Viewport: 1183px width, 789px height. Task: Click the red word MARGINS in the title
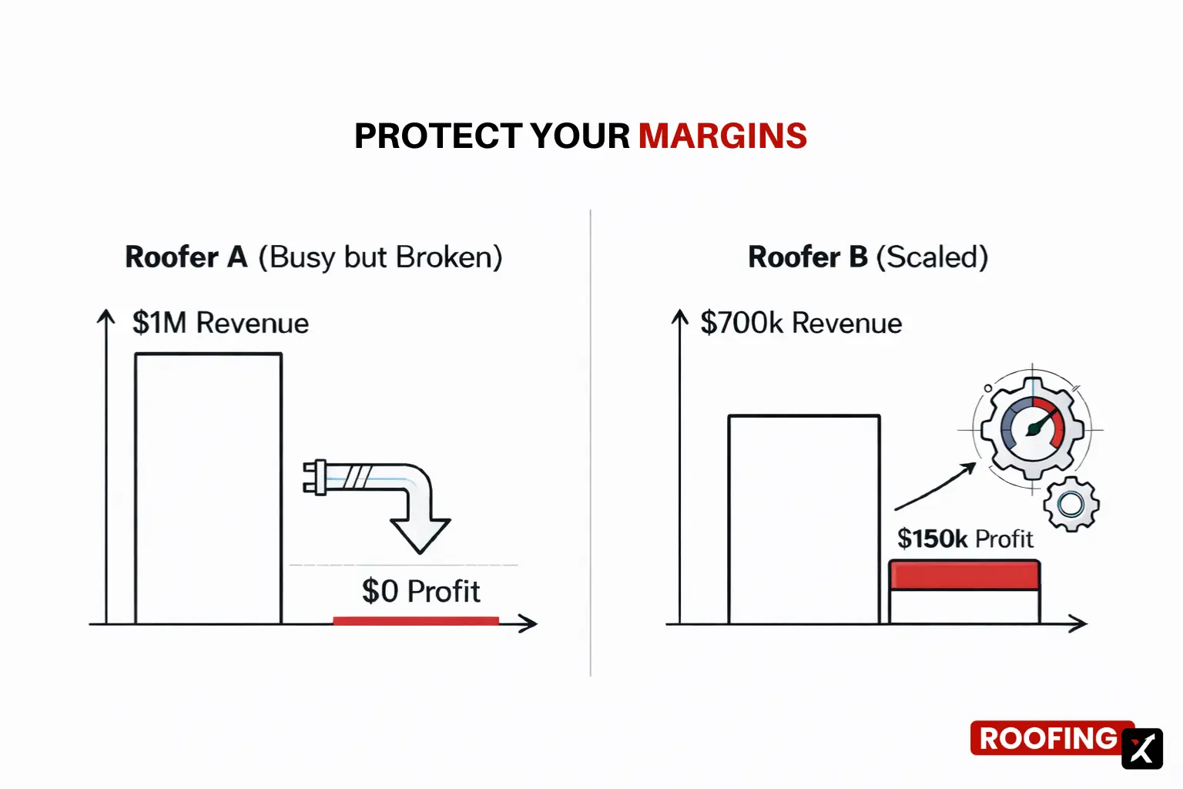coord(722,136)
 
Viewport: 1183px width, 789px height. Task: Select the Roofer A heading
coord(186,257)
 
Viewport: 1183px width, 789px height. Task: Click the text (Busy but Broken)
coord(380,257)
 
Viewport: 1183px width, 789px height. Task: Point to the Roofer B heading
coord(808,257)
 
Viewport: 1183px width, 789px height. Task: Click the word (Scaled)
coord(932,257)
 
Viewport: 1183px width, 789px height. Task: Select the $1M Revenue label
coord(220,323)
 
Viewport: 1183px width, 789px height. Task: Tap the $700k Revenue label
coord(801,323)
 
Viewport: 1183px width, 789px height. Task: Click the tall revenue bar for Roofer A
coord(208,489)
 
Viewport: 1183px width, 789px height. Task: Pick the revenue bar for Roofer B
coord(804,519)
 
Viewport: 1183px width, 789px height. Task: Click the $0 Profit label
coord(421,592)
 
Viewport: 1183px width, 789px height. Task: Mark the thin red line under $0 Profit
coord(416,620)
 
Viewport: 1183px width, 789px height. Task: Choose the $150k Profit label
coord(965,539)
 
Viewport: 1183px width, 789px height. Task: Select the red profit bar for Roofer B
coord(964,575)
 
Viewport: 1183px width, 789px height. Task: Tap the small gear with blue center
coord(1071,504)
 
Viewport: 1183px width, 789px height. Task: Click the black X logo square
coord(1141,748)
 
